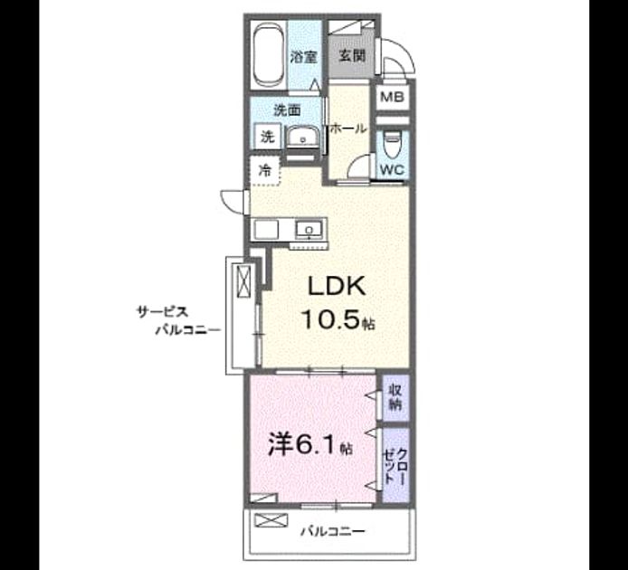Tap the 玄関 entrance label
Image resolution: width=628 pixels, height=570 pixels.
(x=352, y=56)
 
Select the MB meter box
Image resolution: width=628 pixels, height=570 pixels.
(x=392, y=97)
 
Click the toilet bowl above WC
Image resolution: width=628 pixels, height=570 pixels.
(x=392, y=143)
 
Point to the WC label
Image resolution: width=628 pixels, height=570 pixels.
(x=393, y=170)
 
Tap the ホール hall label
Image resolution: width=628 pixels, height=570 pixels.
(x=347, y=128)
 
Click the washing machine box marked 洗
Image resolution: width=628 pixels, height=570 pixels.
(x=268, y=137)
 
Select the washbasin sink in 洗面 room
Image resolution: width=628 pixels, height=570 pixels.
(x=303, y=138)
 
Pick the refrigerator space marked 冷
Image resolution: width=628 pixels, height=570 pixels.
(x=264, y=171)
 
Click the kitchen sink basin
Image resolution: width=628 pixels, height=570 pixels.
(x=309, y=230)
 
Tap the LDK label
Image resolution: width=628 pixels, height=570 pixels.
(x=336, y=287)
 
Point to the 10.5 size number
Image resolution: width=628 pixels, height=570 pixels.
(x=330, y=320)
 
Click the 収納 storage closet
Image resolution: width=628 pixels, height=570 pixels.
(x=395, y=398)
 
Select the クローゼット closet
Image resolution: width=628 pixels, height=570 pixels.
(x=395, y=465)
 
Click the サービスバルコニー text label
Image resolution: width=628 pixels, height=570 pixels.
(x=179, y=320)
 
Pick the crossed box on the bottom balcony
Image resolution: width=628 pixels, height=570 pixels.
(x=271, y=520)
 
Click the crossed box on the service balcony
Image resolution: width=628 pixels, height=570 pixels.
(x=244, y=281)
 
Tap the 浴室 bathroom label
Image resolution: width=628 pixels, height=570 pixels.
(x=303, y=57)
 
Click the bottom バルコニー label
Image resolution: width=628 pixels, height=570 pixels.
(x=333, y=531)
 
